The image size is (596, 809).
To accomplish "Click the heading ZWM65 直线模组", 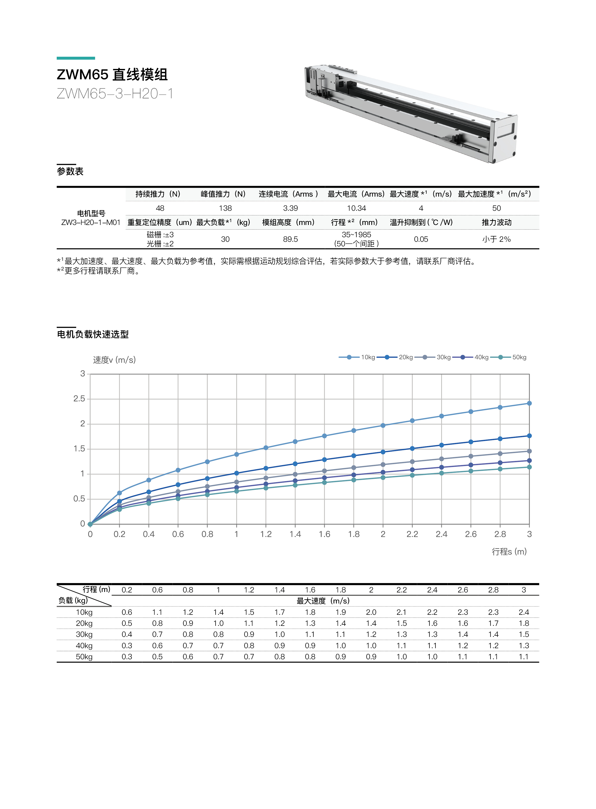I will [x=112, y=75].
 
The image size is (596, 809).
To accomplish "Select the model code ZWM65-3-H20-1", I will [x=115, y=94].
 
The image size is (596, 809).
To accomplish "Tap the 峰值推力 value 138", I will [x=225, y=208].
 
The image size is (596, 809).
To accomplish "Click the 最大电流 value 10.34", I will [x=356, y=208].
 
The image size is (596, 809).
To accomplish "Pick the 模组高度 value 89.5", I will [x=290, y=239].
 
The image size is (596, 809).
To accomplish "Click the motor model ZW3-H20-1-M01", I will [x=91, y=222].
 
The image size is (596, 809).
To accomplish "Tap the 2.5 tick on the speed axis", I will [x=79, y=399].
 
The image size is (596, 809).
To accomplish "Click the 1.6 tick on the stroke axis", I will [x=324, y=534].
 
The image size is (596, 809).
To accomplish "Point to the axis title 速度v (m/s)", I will [x=114, y=360].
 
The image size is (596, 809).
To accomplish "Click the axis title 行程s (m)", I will [x=509, y=551].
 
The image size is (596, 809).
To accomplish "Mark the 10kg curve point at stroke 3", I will [x=529, y=403].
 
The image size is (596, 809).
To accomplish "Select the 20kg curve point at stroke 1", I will [x=237, y=473].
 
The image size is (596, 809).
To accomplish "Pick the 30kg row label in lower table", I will [x=84, y=634].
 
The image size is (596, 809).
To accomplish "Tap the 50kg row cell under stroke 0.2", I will [x=127, y=657].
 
